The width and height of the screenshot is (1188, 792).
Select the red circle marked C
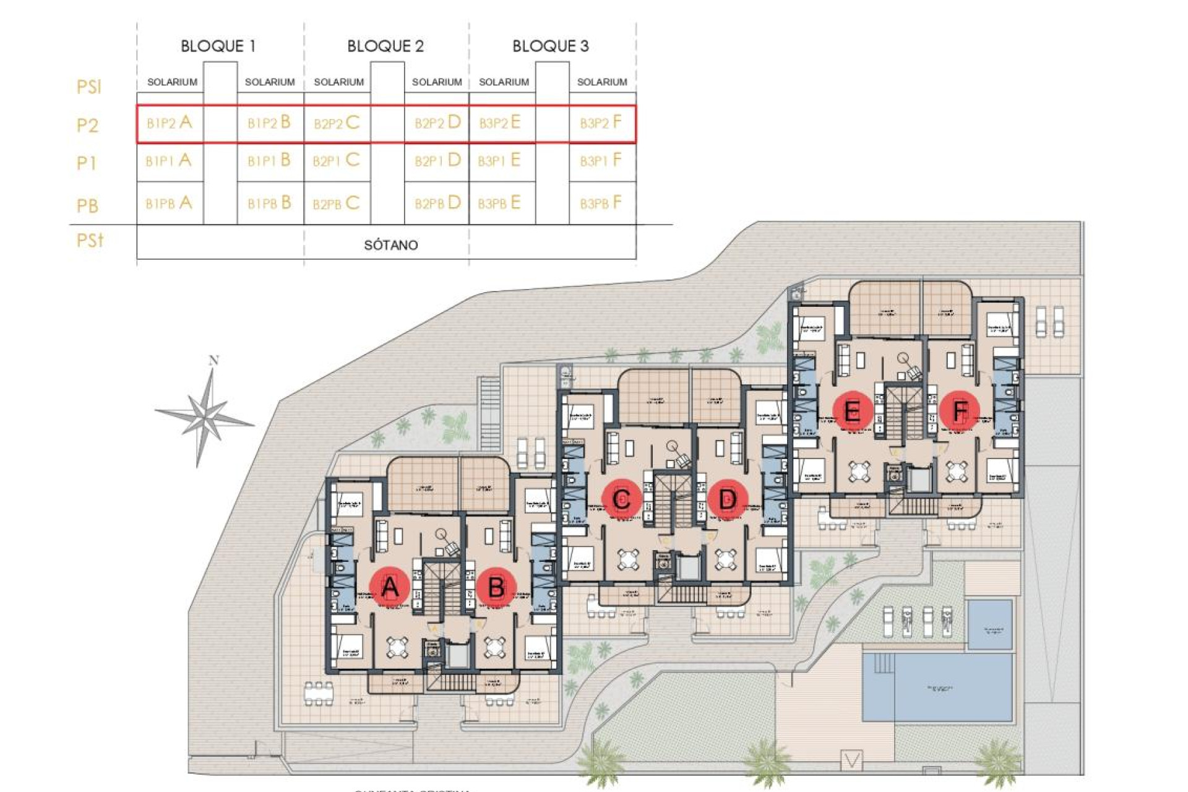(622, 498)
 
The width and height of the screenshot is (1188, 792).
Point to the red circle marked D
(728, 498)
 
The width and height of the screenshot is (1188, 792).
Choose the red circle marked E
(852, 410)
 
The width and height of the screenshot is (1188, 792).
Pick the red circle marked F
(960, 410)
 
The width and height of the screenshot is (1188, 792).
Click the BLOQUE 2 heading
(385, 46)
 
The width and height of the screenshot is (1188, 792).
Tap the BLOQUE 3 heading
(550, 46)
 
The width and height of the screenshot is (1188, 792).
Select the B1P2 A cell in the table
(169, 123)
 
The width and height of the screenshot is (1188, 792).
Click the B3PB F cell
(600, 203)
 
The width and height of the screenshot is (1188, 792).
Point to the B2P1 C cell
(336, 161)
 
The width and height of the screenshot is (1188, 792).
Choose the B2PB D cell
(437, 203)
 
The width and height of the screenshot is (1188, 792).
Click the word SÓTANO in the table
(390, 245)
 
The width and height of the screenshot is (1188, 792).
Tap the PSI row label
(88, 87)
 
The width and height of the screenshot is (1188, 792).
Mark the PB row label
(87, 205)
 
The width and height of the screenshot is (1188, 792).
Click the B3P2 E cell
(499, 123)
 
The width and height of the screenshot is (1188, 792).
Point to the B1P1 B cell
(269, 161)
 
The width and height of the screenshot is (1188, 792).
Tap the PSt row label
(90, 240)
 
